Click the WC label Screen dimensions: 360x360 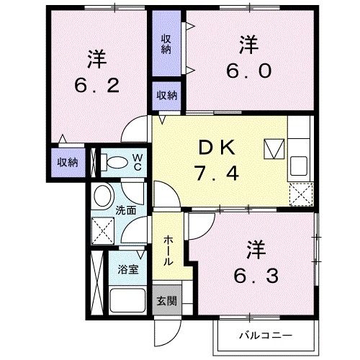pyautogui.click(x=137, y=162)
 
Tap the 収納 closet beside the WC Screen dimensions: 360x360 pyautogui.click(x=68, y=162)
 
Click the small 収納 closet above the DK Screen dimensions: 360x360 pyautogui.click(x=167, y=94)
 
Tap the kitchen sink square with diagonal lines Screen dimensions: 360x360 pyautogui.click(x=274, y=149)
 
